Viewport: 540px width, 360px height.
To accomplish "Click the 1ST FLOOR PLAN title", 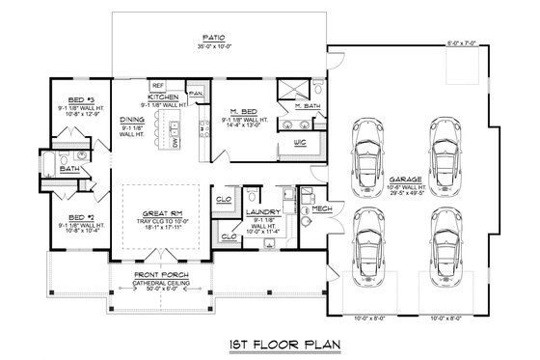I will pos(271,342).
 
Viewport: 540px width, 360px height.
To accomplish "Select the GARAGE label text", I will pos(431,179).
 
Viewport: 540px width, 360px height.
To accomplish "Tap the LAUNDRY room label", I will pos(263,211).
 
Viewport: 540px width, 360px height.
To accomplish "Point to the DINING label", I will pos(132,120).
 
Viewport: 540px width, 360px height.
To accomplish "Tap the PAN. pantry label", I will pos(196,94).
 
